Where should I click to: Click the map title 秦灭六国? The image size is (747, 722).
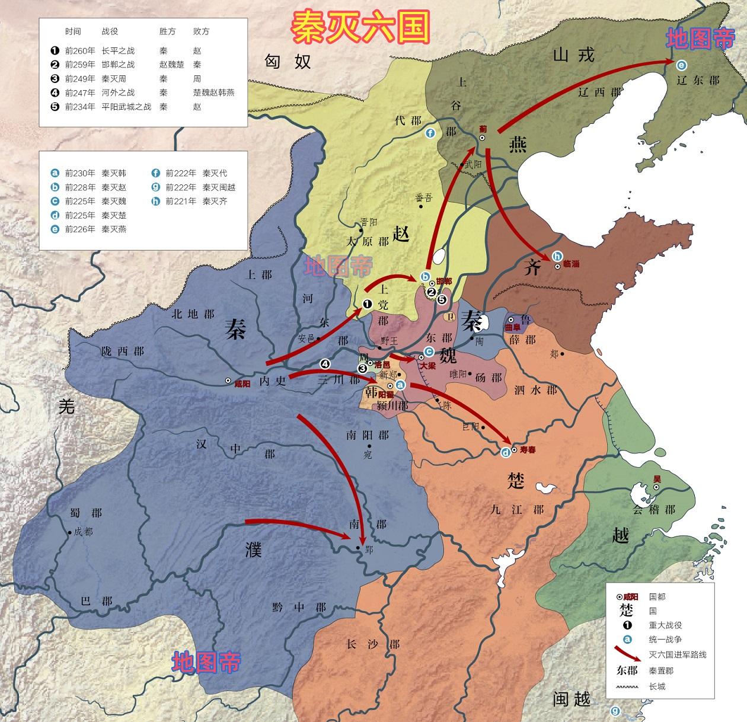point(360,26)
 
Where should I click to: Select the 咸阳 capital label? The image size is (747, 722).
point(242,384)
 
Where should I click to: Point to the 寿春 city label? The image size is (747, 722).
point(528,451)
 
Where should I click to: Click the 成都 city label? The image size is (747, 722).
point(84,532)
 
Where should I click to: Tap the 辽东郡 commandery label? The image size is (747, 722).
point(698,79)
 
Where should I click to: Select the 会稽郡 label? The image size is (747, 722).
point(654,510)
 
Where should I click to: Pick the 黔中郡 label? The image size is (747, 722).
point(299,607)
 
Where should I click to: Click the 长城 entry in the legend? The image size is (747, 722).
point(657,686)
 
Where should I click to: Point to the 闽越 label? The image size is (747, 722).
point(572,699)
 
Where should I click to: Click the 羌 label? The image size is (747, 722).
point(66,406)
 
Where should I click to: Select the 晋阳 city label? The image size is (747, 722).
point(369,223)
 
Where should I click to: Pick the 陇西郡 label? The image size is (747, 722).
point(122,351)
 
